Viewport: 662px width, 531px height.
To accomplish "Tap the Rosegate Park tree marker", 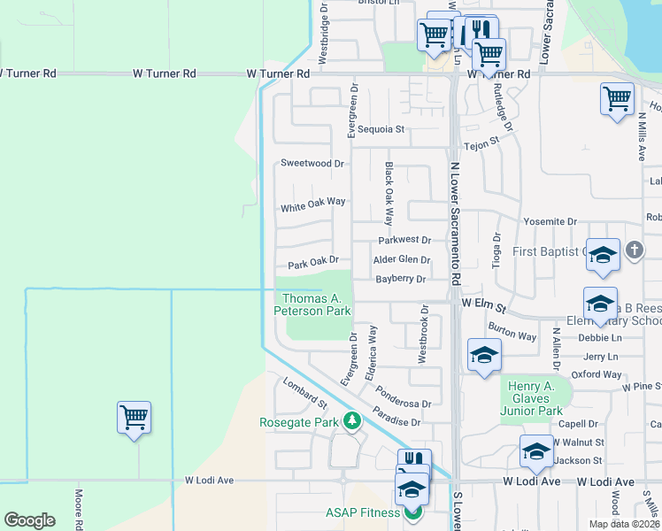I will pos(353,419).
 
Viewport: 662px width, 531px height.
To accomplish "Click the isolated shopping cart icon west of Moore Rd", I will pos(134,417).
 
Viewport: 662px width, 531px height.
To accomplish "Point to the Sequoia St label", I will pos(387,129).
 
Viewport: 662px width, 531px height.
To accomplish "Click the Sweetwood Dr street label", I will pos(312,164).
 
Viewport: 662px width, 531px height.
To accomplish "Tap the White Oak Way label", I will pos(312,204).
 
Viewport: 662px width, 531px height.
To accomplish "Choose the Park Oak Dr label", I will pos(313,262).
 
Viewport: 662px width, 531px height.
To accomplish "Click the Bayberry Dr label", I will pos(401,279).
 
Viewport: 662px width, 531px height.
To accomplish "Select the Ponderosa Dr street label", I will pos(402,396).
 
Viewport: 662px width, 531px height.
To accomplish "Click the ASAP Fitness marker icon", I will pos(410,512).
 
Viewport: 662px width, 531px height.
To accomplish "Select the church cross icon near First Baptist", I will pos(634,250).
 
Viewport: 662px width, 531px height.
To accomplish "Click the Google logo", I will pos(29,520).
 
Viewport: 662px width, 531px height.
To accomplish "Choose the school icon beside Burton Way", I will pos(483,355).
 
